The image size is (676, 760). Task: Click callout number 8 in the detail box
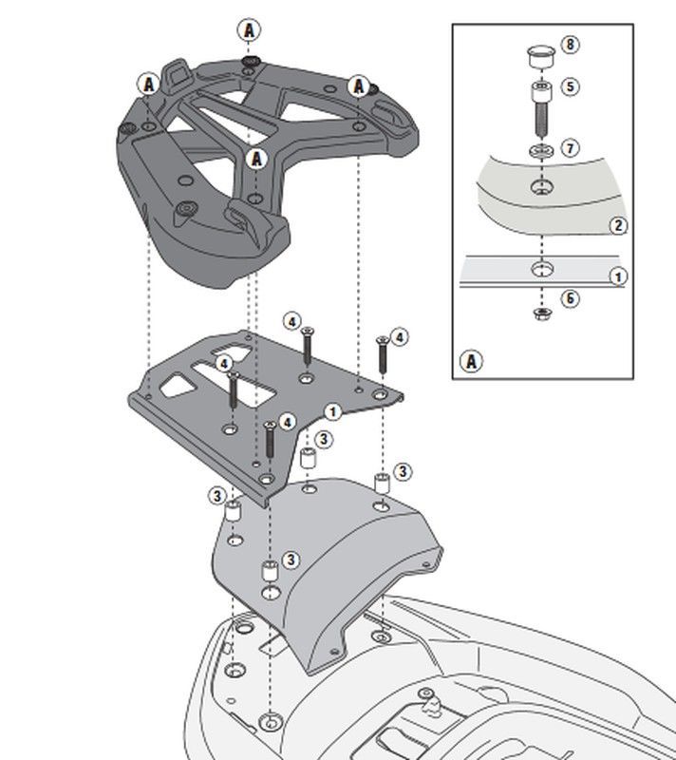pyautogui.click(x=571, y=45)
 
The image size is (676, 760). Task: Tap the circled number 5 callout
pyautogui.click(x=571, y=86)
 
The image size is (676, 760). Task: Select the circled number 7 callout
pyautogui.click(x=571, y=148)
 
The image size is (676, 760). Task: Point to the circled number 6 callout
pyautogui.click(x=571, y=298)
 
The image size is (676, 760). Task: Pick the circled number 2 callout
pyautogui.click(x=618, y=225)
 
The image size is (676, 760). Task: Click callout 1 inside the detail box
pyautogui.click(x=618, y=276)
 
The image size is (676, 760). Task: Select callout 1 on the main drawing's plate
pyautogui.click(x=332, y=412)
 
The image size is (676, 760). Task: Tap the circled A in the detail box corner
pyautogui.click(x=471, y=362)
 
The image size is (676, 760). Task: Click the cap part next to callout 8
pyautogui.click(x=540, y=57)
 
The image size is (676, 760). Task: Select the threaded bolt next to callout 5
pyautogui.click(x=542, y=110)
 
